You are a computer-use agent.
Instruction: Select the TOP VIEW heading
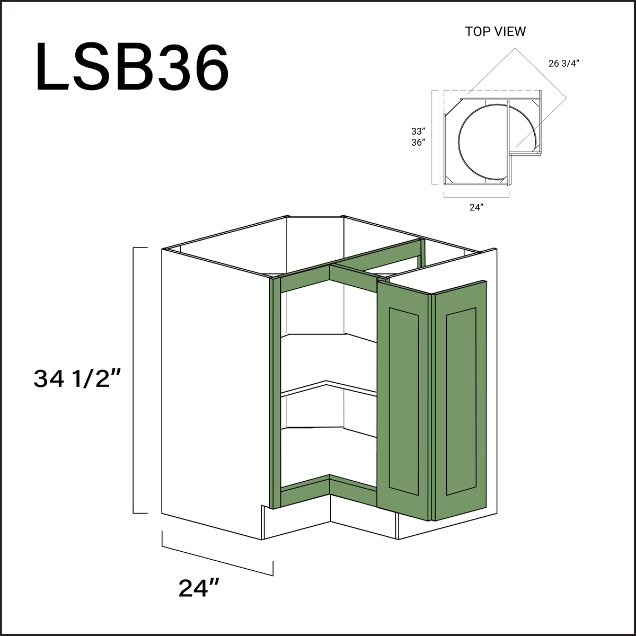(495, 32)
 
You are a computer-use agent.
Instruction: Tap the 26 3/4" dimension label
(563, 64)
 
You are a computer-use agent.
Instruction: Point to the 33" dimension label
(418, 130)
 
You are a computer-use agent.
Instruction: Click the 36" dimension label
(418, 142)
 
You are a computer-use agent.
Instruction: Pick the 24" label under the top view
(476, 208)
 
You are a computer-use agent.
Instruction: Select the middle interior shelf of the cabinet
(329, 390)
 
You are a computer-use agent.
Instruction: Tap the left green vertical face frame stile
(274, 392)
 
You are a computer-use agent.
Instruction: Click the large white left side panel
(212, 392)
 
